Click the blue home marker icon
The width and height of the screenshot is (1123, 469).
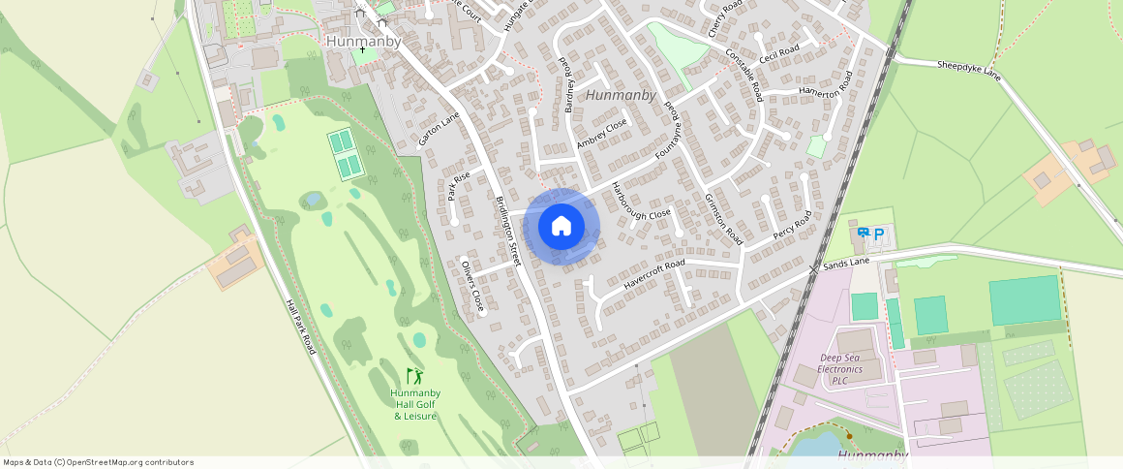561,227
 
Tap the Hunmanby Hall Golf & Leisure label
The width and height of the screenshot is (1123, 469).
414,404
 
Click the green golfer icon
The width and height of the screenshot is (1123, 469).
414,375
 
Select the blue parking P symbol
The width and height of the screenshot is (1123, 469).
878,234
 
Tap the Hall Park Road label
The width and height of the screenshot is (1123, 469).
300,326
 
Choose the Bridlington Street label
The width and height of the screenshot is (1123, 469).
509,231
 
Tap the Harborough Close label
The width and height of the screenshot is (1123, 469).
640,201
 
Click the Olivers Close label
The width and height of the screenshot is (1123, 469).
472,287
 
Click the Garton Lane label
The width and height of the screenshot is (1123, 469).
440,129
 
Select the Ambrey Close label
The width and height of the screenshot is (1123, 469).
601,133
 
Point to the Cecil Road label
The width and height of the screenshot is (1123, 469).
778,54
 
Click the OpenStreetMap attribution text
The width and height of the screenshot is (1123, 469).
98,462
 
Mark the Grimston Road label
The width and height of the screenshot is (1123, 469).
723,218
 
